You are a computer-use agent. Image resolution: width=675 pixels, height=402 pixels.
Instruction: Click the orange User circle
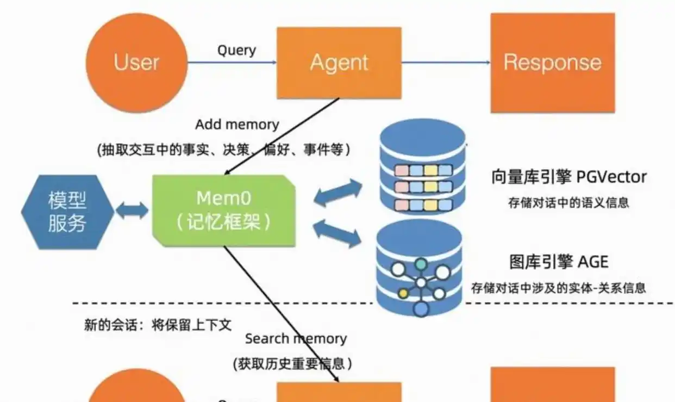tap(136, 62)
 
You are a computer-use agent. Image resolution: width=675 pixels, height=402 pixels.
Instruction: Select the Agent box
tap(339, 63)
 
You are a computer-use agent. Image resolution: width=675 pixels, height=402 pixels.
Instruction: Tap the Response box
tap(552, 63)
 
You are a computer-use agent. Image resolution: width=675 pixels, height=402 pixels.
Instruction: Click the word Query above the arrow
tap(236, 51)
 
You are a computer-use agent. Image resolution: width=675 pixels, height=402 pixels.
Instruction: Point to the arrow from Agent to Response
tap(446, 63)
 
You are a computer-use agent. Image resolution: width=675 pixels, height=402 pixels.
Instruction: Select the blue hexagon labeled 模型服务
tap(67, 212)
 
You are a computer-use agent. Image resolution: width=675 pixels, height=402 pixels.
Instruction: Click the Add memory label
tap(237, 125)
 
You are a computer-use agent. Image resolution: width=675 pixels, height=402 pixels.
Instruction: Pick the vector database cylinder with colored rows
tap(422, 169)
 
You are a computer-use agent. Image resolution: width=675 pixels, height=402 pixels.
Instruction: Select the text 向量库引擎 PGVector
tap(568, 177)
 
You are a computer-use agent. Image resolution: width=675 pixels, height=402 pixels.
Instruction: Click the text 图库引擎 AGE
tap(559, 262)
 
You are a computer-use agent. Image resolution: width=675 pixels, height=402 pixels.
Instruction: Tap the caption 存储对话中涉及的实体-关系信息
tap(559, 287)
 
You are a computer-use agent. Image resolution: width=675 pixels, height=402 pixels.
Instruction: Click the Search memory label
tap(296, 339)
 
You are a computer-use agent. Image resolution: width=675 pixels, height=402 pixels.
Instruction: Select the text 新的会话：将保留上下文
tap(158, 325)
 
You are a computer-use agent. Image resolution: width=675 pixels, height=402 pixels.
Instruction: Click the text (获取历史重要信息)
tap(292, 364)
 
